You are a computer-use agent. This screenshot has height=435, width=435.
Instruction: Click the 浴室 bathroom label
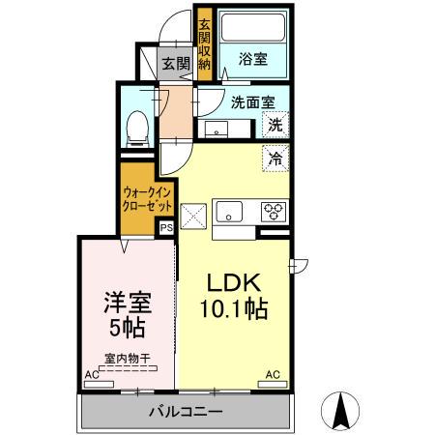pyautogui.click(x=254, y=59)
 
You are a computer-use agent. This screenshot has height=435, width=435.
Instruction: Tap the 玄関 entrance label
pyautogui.click(x=175, y=64)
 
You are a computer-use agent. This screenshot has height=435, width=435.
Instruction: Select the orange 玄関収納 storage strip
pyautogui.click(x=204, y=44)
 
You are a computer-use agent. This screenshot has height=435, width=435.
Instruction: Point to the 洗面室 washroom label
pyautogui.click(x=253, y=101)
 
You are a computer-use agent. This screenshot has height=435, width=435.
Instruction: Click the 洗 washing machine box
pyautogui.click(x=275, y=125)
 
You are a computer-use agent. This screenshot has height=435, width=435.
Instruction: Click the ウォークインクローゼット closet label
pyautogui.click(x=148, y=199)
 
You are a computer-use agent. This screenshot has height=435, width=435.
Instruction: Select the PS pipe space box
pyautogui.click(x=165, y=229)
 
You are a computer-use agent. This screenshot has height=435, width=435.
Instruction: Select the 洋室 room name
pyautogui.click(x=127, y=302)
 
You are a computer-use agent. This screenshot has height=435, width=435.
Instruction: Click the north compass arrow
pyautogui.click(x=341, y=410)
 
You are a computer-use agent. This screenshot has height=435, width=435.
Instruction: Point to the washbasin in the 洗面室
pyautogui.click(x=216, y=127)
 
